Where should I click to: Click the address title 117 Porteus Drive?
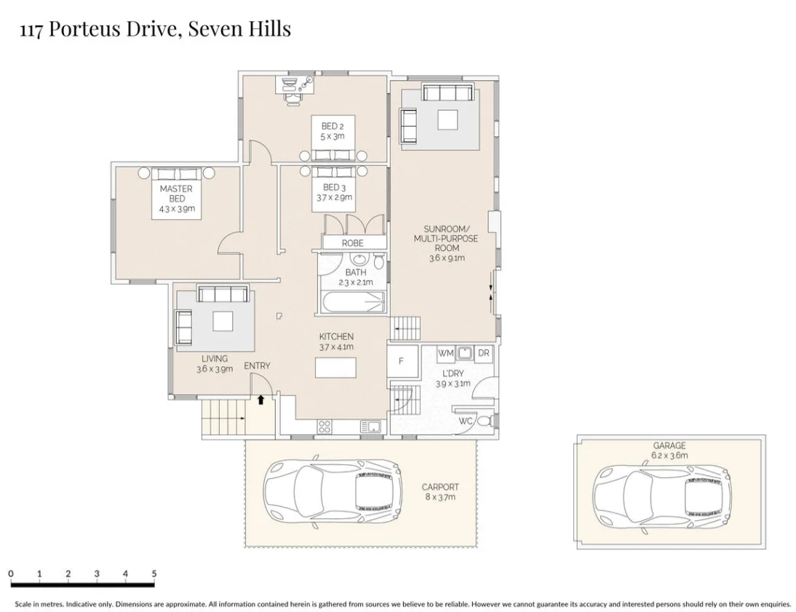tap(154, 30)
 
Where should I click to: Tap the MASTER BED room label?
tap(176, 194)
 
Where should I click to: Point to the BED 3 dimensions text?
tap(334, 198)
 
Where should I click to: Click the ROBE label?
tap(352, 243)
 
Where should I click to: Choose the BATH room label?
tap(355, 273)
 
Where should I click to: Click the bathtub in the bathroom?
tap(352, 303)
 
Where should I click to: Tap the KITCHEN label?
tap(336, 337)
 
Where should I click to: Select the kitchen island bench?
tap(336, 368)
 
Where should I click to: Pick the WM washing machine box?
tap(446, 354)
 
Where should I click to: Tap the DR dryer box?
tap(483, 354)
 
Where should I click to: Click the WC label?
tap(466, 421)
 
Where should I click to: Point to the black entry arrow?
tap(260, 399)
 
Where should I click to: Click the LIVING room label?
tap(215, 359)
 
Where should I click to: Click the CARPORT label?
tap(440, 488)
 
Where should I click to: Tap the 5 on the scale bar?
tap(154, 574)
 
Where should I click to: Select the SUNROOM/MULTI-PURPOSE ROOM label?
tap(446, 243)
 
